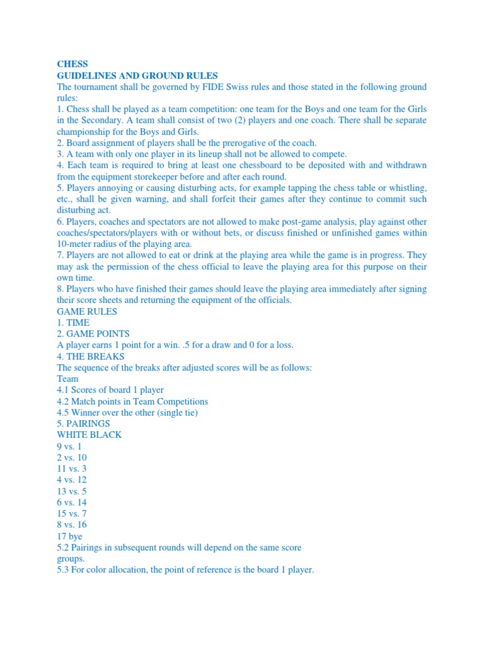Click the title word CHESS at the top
[72, 64]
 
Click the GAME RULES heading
[87, 311]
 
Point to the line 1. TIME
[73, 322]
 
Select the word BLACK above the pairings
[107, 435]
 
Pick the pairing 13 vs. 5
[72, 491]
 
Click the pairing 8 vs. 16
[72, 525]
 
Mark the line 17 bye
[69, 536]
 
